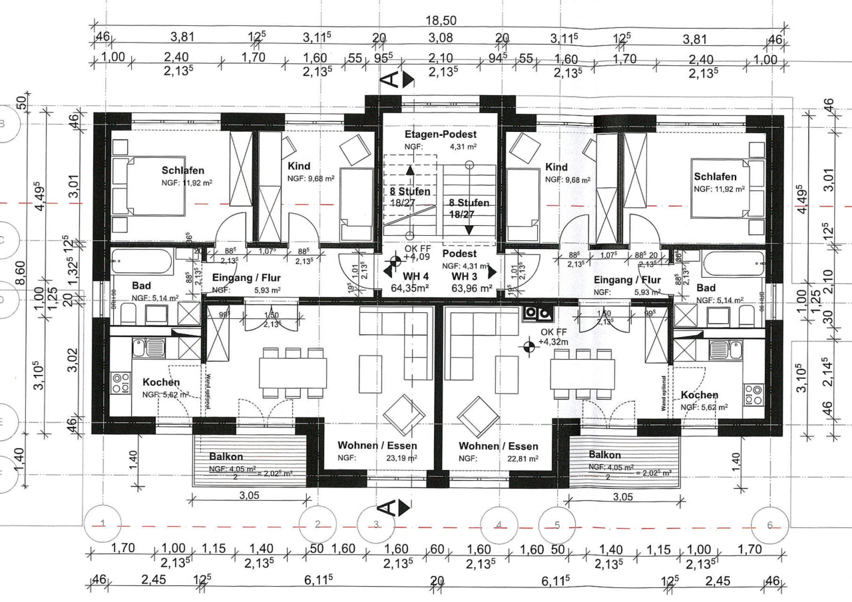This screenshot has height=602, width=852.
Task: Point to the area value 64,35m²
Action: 409,288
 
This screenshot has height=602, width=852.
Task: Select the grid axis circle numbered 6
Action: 769,525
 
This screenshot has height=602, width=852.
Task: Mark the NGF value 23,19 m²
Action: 403,458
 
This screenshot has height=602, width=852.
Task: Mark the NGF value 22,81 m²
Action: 525,458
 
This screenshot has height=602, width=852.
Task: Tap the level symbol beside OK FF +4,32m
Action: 529,346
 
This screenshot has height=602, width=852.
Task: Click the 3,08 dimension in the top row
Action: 440,39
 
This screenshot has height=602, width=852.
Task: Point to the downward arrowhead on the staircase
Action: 469,230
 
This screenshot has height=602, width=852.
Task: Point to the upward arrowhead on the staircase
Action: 410,170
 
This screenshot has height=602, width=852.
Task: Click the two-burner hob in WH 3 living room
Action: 536,312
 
